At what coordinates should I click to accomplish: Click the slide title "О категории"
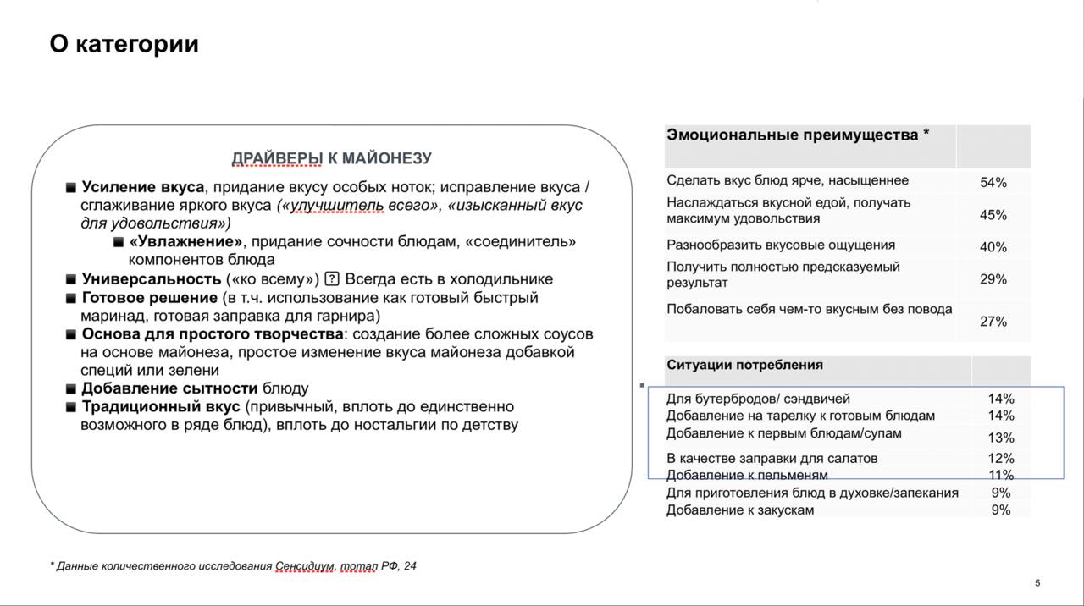[x=124, y=44]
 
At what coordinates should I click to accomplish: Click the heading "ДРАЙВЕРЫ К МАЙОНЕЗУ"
[x=332, y=158]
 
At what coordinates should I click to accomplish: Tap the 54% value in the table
[x=993, y=182]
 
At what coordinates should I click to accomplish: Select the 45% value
[x=993, y=215]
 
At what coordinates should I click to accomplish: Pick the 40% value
[x=993, y=247]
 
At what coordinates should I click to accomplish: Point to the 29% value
[x=993, y=279]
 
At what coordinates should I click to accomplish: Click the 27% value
[x=993, y=322]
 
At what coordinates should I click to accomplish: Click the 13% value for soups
[x=1000, y=438]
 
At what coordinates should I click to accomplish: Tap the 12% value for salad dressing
[x=1000, y=459]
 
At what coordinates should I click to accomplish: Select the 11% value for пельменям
[x=1000, y=475]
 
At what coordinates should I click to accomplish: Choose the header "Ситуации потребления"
[x=744, y=365]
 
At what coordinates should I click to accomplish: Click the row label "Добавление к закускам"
[x=739, y=510]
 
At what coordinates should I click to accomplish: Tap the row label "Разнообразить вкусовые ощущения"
[x=780, y=245]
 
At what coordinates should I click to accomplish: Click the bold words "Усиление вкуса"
[x=142, y=187]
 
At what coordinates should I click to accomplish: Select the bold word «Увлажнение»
[x=186, y=242]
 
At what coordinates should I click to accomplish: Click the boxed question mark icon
[x=332, y=279]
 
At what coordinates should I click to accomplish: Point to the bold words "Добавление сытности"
[x=169, y=388]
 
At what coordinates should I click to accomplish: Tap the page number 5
[x=1037, y=582]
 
